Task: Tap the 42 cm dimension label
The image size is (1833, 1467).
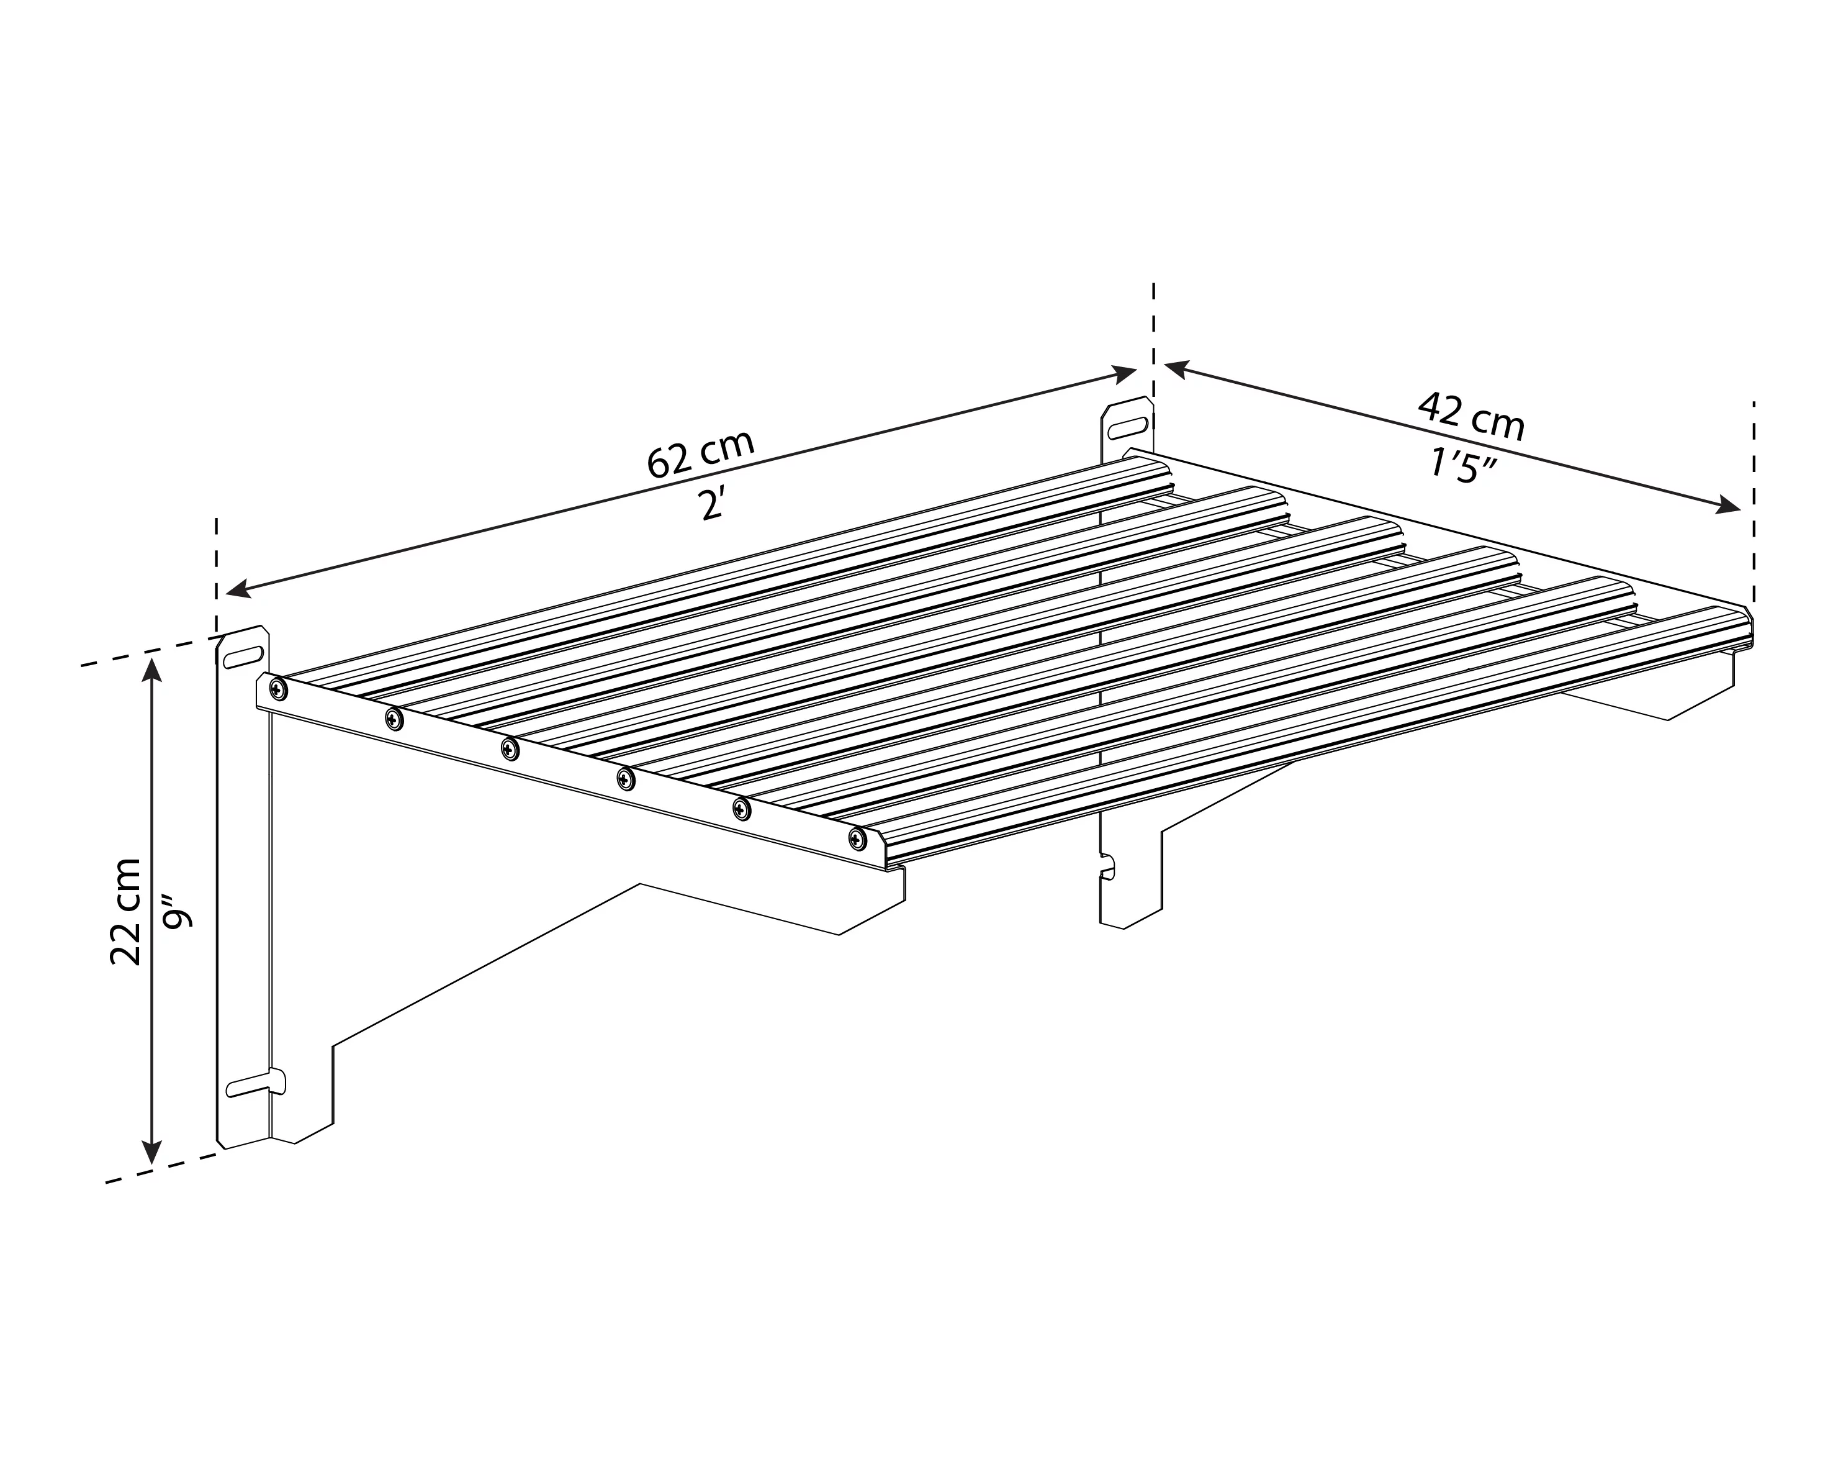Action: (x=1471, y=417)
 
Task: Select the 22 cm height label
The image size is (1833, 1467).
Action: (x=126, y=911)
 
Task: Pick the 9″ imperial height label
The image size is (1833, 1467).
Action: (x=179, y=909)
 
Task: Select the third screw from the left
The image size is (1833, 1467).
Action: (x=509, y=749)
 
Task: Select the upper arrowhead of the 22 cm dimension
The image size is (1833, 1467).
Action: (x=152, y=672)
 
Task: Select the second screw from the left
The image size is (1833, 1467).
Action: (x=394, y=719)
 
